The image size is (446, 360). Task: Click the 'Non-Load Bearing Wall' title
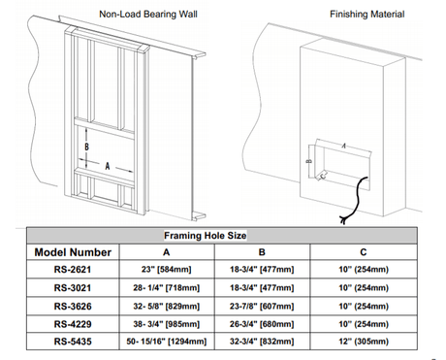click(148, 15)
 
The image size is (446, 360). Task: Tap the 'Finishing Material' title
click(366, 15)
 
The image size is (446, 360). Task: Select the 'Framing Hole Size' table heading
click(206, 236)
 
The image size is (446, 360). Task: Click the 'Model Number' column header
click(73, 252)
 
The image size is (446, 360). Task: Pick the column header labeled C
click(364, 252)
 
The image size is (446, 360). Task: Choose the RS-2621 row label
click(73, 270)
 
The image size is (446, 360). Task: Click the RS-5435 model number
click(73, 342)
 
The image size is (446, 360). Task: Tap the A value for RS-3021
click(167, 288)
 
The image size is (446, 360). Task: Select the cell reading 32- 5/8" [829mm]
click(167, 306)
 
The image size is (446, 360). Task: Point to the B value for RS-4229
click(262, 324)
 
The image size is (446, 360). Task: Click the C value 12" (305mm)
click(364, 342)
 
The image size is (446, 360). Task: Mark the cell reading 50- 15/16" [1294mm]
click(167, 342)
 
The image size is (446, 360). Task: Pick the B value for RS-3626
click(262, 306)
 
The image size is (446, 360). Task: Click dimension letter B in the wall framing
click(86, 147)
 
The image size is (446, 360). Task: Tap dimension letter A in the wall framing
click(108, 166)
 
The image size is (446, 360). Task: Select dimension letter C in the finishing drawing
click(324, 176)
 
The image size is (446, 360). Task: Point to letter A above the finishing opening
click(343, 146)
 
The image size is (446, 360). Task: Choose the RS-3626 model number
click(73, 306)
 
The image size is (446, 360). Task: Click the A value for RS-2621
click(167, 270)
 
